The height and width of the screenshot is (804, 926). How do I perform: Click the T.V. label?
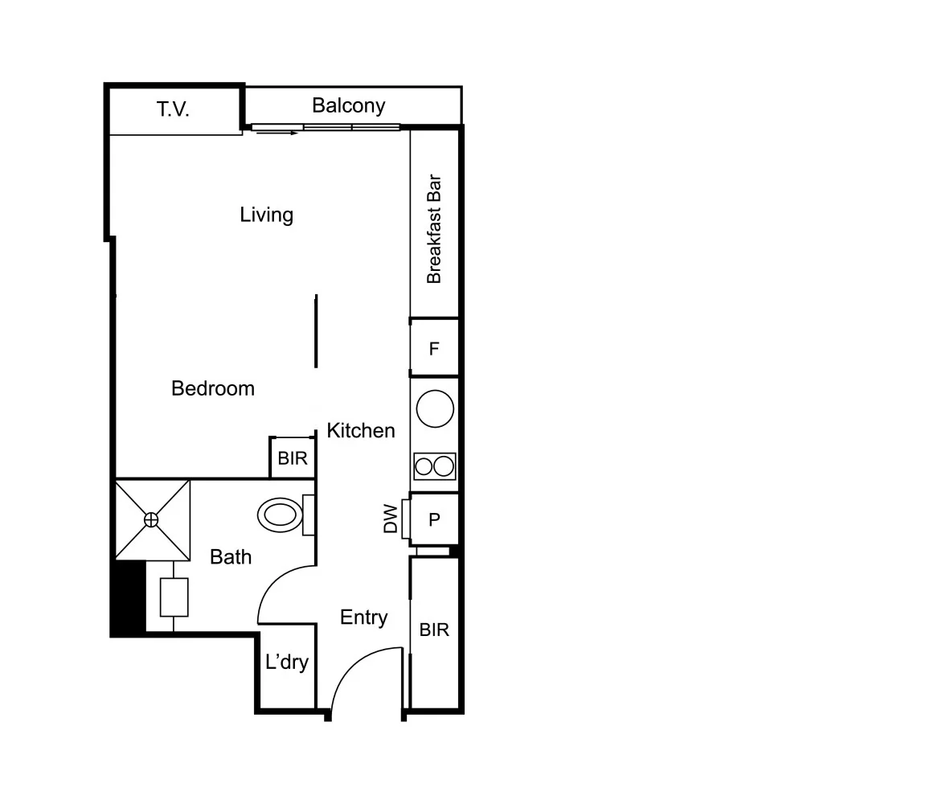[173, 109]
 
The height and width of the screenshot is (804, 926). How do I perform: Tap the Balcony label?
[348, 105]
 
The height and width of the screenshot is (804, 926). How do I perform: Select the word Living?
[266, 215]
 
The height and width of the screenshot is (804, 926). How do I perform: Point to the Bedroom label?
[213, 388]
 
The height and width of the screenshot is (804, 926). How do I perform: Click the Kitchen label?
[361, 431]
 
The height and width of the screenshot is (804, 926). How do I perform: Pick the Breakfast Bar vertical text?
[434, 229]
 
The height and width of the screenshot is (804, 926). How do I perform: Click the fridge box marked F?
[434, 348]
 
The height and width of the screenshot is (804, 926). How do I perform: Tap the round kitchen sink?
[436, 408]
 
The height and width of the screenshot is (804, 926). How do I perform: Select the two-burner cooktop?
[435, 466]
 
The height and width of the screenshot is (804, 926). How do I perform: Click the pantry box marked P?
[434, 519]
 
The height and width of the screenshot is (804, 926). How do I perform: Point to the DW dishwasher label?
[391, 519]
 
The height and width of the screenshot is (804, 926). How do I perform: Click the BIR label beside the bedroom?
[293, 458]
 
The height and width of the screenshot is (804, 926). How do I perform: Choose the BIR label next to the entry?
[434, 630]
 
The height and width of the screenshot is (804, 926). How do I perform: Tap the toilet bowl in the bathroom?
[280, 514]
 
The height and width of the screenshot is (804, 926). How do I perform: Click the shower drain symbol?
[152, 520]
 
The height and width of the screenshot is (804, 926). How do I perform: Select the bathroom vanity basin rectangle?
[174, 597]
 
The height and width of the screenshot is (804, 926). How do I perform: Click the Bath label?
[231, 556]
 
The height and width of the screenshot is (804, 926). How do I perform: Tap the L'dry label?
[287, 662]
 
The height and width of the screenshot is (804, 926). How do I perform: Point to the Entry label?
[364, 617]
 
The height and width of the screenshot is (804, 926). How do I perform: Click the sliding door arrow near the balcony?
[277, 133]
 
